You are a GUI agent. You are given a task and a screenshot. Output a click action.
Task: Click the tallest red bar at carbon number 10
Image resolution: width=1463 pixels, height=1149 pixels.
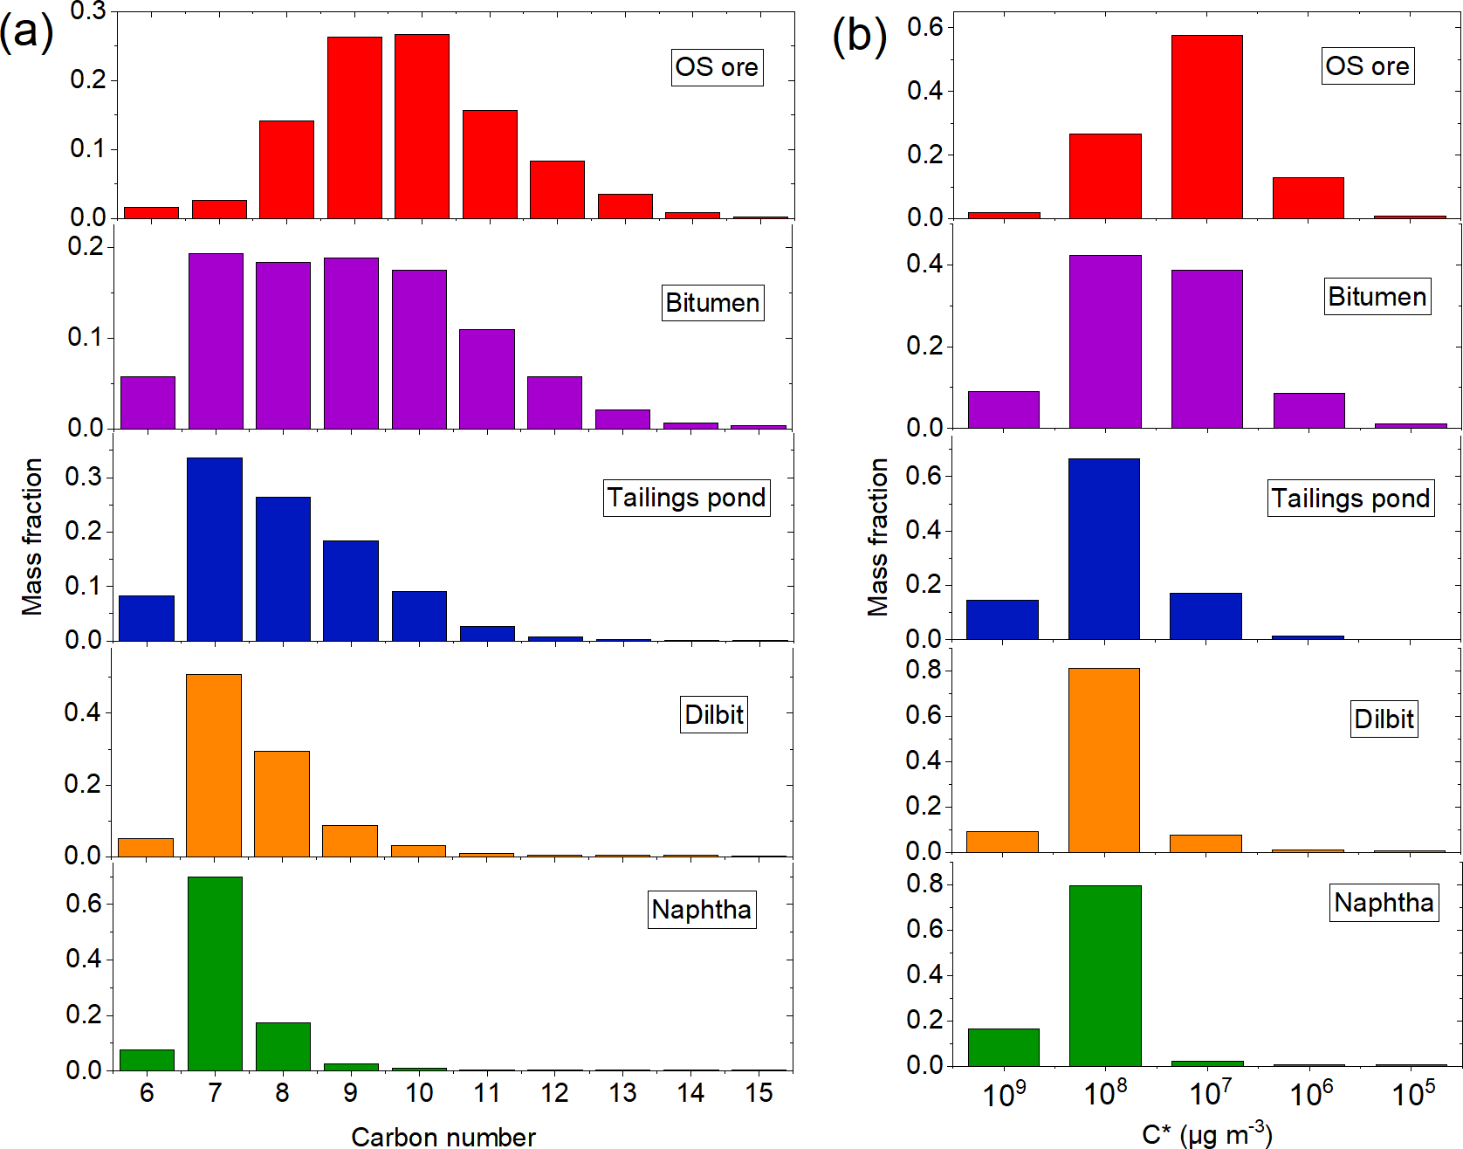422,127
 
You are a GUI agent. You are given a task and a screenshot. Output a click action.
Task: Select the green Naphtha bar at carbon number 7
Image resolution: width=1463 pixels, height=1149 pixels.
215,974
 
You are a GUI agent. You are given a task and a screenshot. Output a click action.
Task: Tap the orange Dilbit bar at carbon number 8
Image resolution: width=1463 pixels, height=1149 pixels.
282,803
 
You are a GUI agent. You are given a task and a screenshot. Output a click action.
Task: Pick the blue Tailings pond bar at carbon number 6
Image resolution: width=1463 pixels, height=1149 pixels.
147,618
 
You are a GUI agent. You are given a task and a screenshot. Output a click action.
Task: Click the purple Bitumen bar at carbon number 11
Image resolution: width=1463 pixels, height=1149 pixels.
487,379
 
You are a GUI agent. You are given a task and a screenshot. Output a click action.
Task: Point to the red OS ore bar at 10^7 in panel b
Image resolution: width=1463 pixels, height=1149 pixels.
1206,127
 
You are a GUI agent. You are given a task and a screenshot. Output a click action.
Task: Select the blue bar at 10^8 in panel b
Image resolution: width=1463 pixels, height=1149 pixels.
1104,548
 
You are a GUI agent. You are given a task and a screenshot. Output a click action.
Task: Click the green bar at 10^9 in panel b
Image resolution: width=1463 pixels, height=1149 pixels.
1003,1047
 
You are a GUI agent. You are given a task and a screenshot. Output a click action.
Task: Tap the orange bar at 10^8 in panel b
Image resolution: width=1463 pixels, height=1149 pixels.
1104,760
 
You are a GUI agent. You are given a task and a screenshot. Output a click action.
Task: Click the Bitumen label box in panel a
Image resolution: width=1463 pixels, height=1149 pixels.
712,303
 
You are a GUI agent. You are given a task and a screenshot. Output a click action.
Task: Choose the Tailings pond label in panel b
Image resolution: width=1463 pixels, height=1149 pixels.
1350,499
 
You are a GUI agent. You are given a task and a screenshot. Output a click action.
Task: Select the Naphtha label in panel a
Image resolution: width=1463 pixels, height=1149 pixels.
701,910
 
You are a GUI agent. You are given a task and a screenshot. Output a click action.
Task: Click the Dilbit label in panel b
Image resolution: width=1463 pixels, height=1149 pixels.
1384,719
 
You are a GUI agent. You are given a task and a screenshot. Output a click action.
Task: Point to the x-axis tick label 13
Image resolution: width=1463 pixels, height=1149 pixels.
622,1093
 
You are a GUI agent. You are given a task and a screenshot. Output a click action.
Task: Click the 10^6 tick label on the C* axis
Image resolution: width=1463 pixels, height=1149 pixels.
1311,1093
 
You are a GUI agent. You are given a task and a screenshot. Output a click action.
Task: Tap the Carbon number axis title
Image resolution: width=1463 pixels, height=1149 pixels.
443,1137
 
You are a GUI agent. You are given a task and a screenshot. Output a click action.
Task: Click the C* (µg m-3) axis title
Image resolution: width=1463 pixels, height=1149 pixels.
1206,1135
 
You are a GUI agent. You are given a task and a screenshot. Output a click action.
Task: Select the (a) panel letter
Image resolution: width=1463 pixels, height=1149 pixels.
26,33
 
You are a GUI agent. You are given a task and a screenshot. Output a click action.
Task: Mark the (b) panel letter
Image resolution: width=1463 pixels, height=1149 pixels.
859,37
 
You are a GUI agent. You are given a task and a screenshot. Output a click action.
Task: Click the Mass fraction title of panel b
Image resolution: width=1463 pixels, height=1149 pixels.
877,537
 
